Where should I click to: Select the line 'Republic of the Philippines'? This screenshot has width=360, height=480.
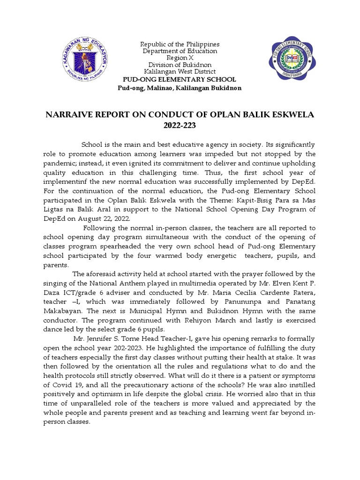[180, 44]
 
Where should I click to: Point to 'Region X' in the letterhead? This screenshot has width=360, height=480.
[180, 58]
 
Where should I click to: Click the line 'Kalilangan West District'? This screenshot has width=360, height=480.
[180, 72]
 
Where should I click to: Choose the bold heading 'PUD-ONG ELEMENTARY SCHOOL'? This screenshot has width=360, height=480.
[180, 80]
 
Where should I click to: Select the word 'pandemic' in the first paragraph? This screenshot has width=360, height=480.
[59, 163]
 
